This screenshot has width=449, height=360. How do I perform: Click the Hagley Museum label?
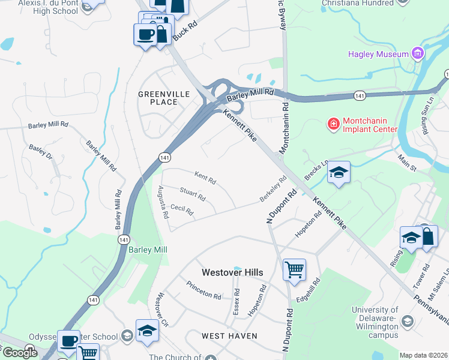pyautogui.click(x=378, y=55)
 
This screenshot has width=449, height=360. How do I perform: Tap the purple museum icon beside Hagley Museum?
pyautogui.click(x=418, y=54)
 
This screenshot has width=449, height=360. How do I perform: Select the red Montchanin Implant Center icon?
pyautogui.click(x=332, y=124)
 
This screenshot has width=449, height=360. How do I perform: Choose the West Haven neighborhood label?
pyautogui.click(x=229, y=336)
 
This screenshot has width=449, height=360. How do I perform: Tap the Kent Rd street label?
pyautogui.click(x=205, y=177)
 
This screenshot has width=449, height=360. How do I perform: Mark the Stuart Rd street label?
pyautogui.click(x=193, y=194)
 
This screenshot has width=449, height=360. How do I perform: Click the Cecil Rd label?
pyautogui.click(x=181, y=210)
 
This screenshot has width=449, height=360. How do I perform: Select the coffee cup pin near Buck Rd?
pyautogui.click(x=145, y=34)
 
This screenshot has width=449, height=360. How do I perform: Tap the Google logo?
pyautogui.click(x=19, y=353)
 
